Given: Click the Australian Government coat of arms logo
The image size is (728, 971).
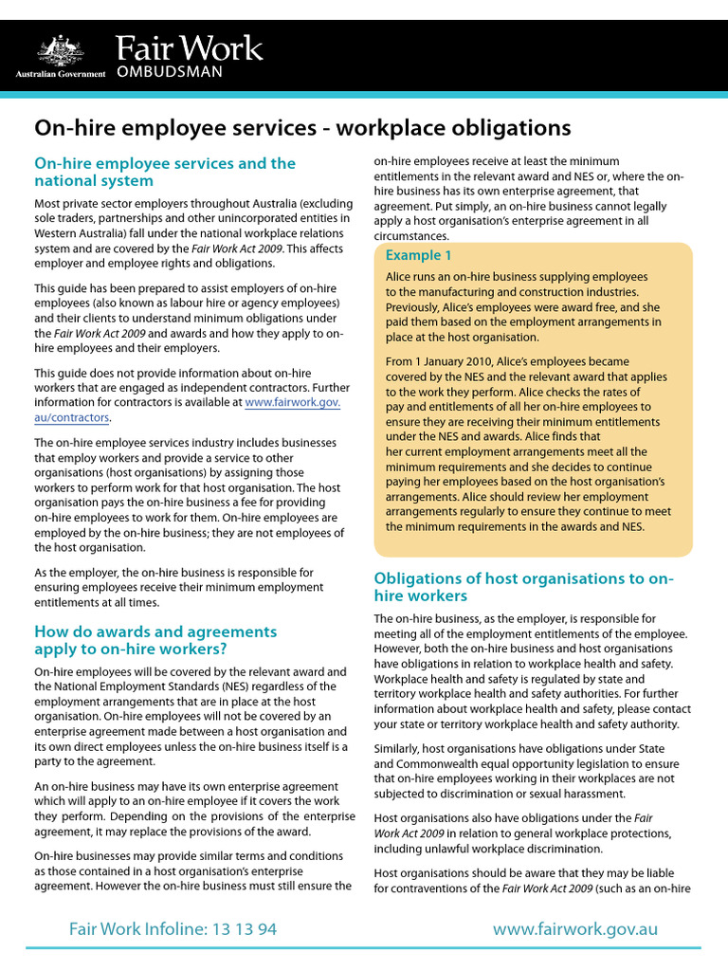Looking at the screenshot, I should (61, 49).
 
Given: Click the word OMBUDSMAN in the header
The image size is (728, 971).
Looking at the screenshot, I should (170, 72).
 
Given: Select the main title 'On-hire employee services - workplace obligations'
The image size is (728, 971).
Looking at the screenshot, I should (302, 127).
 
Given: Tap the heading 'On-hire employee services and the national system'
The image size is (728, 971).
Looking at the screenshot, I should (165, 172).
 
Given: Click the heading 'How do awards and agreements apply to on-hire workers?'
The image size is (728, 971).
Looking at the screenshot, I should (155, 640).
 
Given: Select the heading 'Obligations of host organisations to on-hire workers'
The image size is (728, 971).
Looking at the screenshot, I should (523, 587).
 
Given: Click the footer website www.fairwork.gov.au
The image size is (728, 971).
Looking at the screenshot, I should (574, 929).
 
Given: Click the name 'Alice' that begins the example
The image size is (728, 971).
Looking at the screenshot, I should (397, 277).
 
